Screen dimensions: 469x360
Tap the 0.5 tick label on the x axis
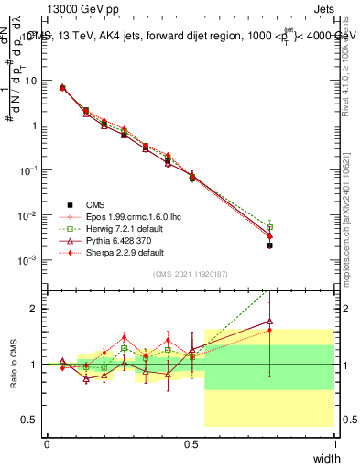191,443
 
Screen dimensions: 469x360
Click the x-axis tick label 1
333,443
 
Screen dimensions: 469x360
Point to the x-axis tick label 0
47,443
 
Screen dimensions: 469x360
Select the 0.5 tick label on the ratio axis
31,420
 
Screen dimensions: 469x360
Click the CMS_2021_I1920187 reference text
191,274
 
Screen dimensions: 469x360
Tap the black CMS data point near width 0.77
269,245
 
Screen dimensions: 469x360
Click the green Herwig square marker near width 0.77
269,226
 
